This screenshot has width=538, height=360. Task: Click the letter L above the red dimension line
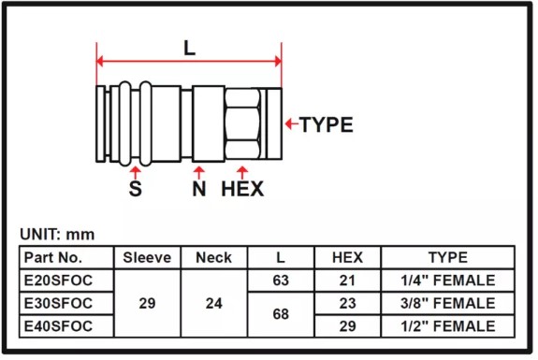[189, 48]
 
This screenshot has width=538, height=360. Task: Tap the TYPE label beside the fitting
[327, 124]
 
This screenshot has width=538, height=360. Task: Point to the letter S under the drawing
[135, 188]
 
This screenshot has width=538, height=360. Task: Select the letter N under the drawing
[199, 189]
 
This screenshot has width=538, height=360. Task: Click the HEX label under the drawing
[242, 189]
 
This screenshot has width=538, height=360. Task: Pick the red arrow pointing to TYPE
[292, 123]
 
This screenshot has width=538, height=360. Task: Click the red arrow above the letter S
[136, 172]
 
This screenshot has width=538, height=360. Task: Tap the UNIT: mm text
[57, 235]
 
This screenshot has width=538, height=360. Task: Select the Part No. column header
[53, 257]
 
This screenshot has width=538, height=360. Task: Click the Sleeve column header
[147, 257]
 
